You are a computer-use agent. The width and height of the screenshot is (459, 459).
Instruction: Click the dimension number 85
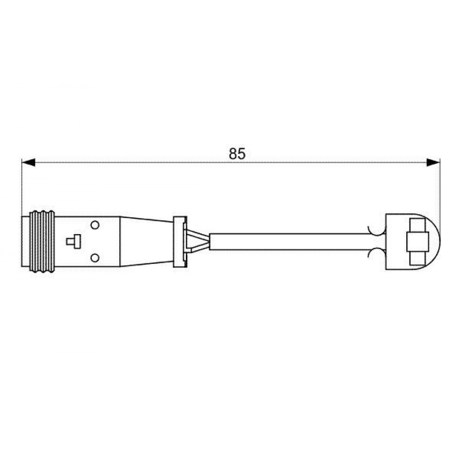tap(237, 154)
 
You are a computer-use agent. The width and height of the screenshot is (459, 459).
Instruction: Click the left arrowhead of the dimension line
tap(28, 162)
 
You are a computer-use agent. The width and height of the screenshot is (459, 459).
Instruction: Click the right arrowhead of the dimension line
tap(433, 162)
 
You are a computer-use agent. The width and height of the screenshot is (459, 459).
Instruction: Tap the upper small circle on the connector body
tap(95, 225)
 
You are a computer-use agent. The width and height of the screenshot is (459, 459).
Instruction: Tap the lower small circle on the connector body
tap(95, 258)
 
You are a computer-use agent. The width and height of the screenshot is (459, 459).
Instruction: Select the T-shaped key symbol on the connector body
tap(73, 241)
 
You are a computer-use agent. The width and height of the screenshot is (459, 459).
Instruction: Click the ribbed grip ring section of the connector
tap(42, 241)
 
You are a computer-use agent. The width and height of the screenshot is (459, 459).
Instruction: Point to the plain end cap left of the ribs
tap(26, 241)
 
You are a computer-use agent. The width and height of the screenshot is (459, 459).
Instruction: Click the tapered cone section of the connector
tap(147, 241)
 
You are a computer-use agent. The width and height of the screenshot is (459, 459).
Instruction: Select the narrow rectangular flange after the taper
tap(180, 241)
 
